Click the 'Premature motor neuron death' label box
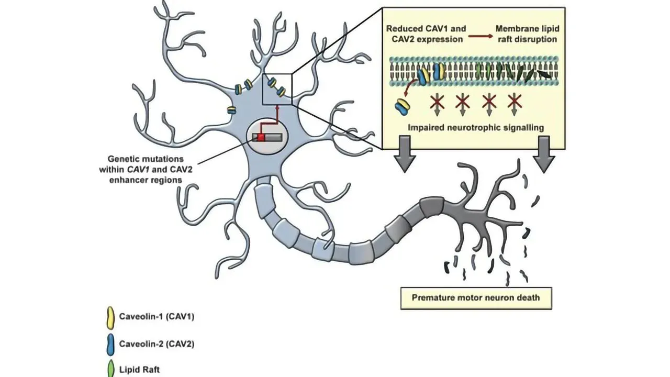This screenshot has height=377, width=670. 476,298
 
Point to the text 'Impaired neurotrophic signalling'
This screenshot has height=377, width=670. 475,127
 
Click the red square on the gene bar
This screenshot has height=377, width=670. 261,138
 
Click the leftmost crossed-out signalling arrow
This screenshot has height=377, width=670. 437,102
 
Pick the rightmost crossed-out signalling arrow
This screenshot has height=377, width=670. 515,102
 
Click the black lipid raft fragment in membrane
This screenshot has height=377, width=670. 544,75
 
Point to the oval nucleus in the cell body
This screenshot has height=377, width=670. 267,138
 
